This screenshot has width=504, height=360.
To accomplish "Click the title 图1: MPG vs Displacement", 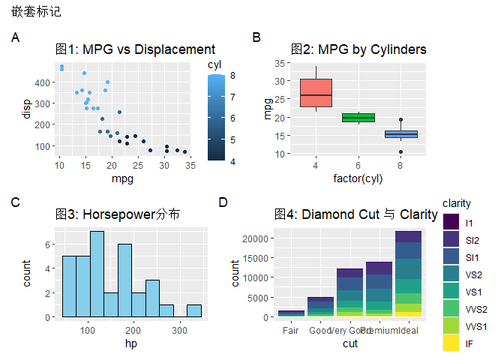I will (136, 49).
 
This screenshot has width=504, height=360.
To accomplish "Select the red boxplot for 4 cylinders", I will (316, 93).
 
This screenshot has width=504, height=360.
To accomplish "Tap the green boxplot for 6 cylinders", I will (358, 117).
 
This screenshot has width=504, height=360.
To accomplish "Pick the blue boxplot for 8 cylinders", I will (401, 134).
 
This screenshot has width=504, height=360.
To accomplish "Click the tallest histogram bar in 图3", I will (97, 274).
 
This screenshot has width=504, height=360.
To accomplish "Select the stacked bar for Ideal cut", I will (409, 274).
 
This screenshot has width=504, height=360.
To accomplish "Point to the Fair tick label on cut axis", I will (291, 331).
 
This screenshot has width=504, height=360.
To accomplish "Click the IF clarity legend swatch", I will (451, 343).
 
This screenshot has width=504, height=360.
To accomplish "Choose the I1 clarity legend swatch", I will (451, 223).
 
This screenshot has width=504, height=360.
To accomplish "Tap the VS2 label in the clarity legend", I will (473, 274).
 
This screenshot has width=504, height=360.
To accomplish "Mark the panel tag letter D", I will (223, 201).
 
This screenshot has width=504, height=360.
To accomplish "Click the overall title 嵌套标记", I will (37, 12).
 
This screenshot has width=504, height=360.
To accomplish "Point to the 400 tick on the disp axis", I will (44, 82).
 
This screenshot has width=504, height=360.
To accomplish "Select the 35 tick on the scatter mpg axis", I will (190, 164).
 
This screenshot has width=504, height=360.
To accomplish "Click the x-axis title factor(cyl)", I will (358, 178).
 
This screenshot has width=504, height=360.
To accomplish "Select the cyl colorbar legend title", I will (214, 64).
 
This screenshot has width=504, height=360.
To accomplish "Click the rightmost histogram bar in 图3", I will (193, 310).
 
